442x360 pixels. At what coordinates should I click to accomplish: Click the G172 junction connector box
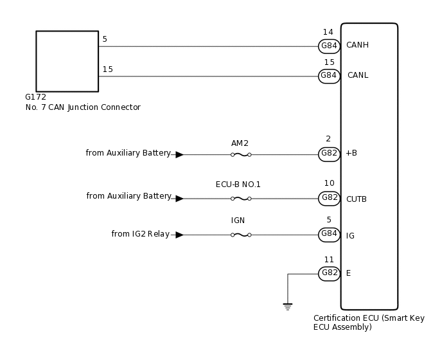67,61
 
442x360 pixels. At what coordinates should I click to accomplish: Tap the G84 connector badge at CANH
329,46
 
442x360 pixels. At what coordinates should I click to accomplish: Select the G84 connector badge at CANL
329,75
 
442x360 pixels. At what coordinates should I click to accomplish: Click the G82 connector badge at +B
329,154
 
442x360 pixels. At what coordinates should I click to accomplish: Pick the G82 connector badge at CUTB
329,198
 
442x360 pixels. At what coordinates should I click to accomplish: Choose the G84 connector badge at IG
329,235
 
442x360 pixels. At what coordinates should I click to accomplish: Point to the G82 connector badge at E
329,273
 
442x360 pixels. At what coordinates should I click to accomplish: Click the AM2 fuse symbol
240,155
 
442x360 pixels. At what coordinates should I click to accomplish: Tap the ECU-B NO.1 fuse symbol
240,199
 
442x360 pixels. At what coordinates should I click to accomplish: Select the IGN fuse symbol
240,235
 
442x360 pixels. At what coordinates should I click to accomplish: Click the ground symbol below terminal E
288,307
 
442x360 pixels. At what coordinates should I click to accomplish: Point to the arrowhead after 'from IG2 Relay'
179,235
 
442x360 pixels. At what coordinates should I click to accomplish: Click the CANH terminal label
357,46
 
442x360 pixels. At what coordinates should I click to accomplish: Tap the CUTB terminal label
357,199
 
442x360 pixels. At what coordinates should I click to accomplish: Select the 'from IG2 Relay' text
140,234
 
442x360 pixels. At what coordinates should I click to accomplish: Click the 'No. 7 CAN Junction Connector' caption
82,107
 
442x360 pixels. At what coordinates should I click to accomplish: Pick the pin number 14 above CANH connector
328,32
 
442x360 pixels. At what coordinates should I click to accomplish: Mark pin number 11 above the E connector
329,260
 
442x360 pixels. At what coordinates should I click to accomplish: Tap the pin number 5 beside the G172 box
105,39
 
